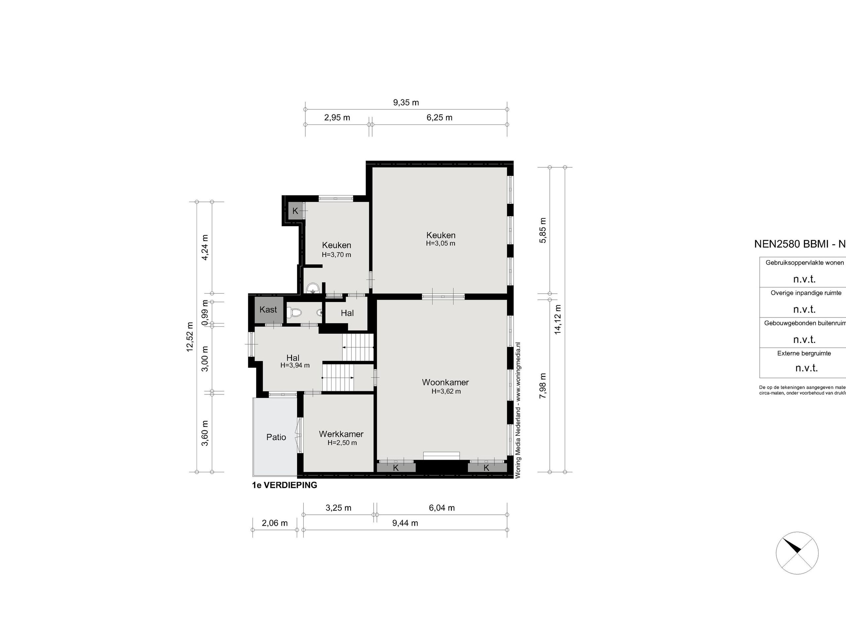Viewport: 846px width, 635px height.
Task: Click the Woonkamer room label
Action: click(x=445, y=382)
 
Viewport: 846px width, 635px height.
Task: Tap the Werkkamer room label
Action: click(x=341, y=434)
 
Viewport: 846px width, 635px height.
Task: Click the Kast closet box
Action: click(x=268, y=310)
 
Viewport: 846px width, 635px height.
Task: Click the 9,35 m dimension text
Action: click(x=406, y=103)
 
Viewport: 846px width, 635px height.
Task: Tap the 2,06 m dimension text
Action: click(x=275, y=523)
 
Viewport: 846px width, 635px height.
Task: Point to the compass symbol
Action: click(x=797, y=553)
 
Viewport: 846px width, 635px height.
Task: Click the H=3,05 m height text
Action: click(x=441, y=243)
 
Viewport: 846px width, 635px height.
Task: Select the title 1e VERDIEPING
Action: click(x=285, y=485)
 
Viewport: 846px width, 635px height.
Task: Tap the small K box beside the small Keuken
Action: click(x=295, y=211)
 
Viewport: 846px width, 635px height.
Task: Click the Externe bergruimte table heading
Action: click(x=804, y=353)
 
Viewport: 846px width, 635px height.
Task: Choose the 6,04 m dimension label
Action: click(x=442, y=508)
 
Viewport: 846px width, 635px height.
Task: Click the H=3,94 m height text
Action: click(x=295, y=365)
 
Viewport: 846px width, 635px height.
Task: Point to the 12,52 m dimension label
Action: click(x=190, y=336)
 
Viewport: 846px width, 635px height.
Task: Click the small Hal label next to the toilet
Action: click(x=347, y=313)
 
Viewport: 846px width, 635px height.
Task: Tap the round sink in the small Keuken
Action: click(x=313, y=288)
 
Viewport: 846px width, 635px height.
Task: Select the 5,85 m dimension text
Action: click(x=543, y=230)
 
